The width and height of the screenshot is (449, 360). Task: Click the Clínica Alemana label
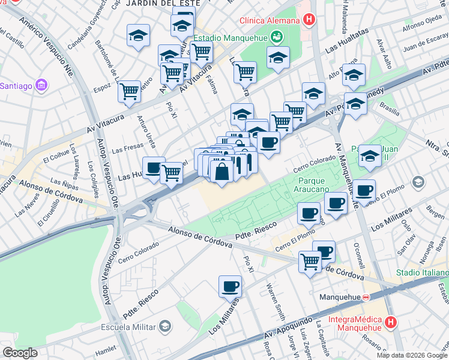point(270,20)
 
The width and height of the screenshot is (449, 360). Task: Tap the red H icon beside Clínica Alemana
point(309,20)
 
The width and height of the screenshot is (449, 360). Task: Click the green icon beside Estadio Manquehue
point(276,38)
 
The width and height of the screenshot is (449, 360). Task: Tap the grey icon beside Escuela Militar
point(165,326)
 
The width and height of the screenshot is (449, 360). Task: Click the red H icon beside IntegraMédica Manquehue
point(391,323)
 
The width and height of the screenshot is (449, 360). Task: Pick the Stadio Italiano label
point(422,273)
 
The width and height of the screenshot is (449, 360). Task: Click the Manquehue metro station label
point(340,297)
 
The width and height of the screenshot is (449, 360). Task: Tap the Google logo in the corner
point(20,353)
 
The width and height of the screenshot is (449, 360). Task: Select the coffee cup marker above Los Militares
point(230,286)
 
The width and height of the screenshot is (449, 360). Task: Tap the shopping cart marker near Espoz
point(129,91)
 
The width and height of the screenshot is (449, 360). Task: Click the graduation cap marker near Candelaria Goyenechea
point(139,35)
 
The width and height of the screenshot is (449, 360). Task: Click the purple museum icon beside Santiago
point(40,85)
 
